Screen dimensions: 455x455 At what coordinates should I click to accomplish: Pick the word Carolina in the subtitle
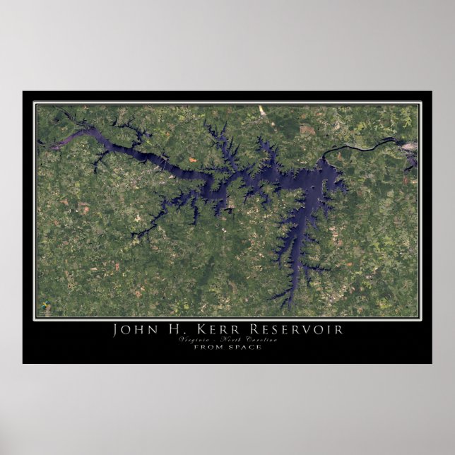261,341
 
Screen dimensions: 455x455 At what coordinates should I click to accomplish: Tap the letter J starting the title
116,330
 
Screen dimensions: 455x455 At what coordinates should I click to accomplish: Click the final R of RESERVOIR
341,330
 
